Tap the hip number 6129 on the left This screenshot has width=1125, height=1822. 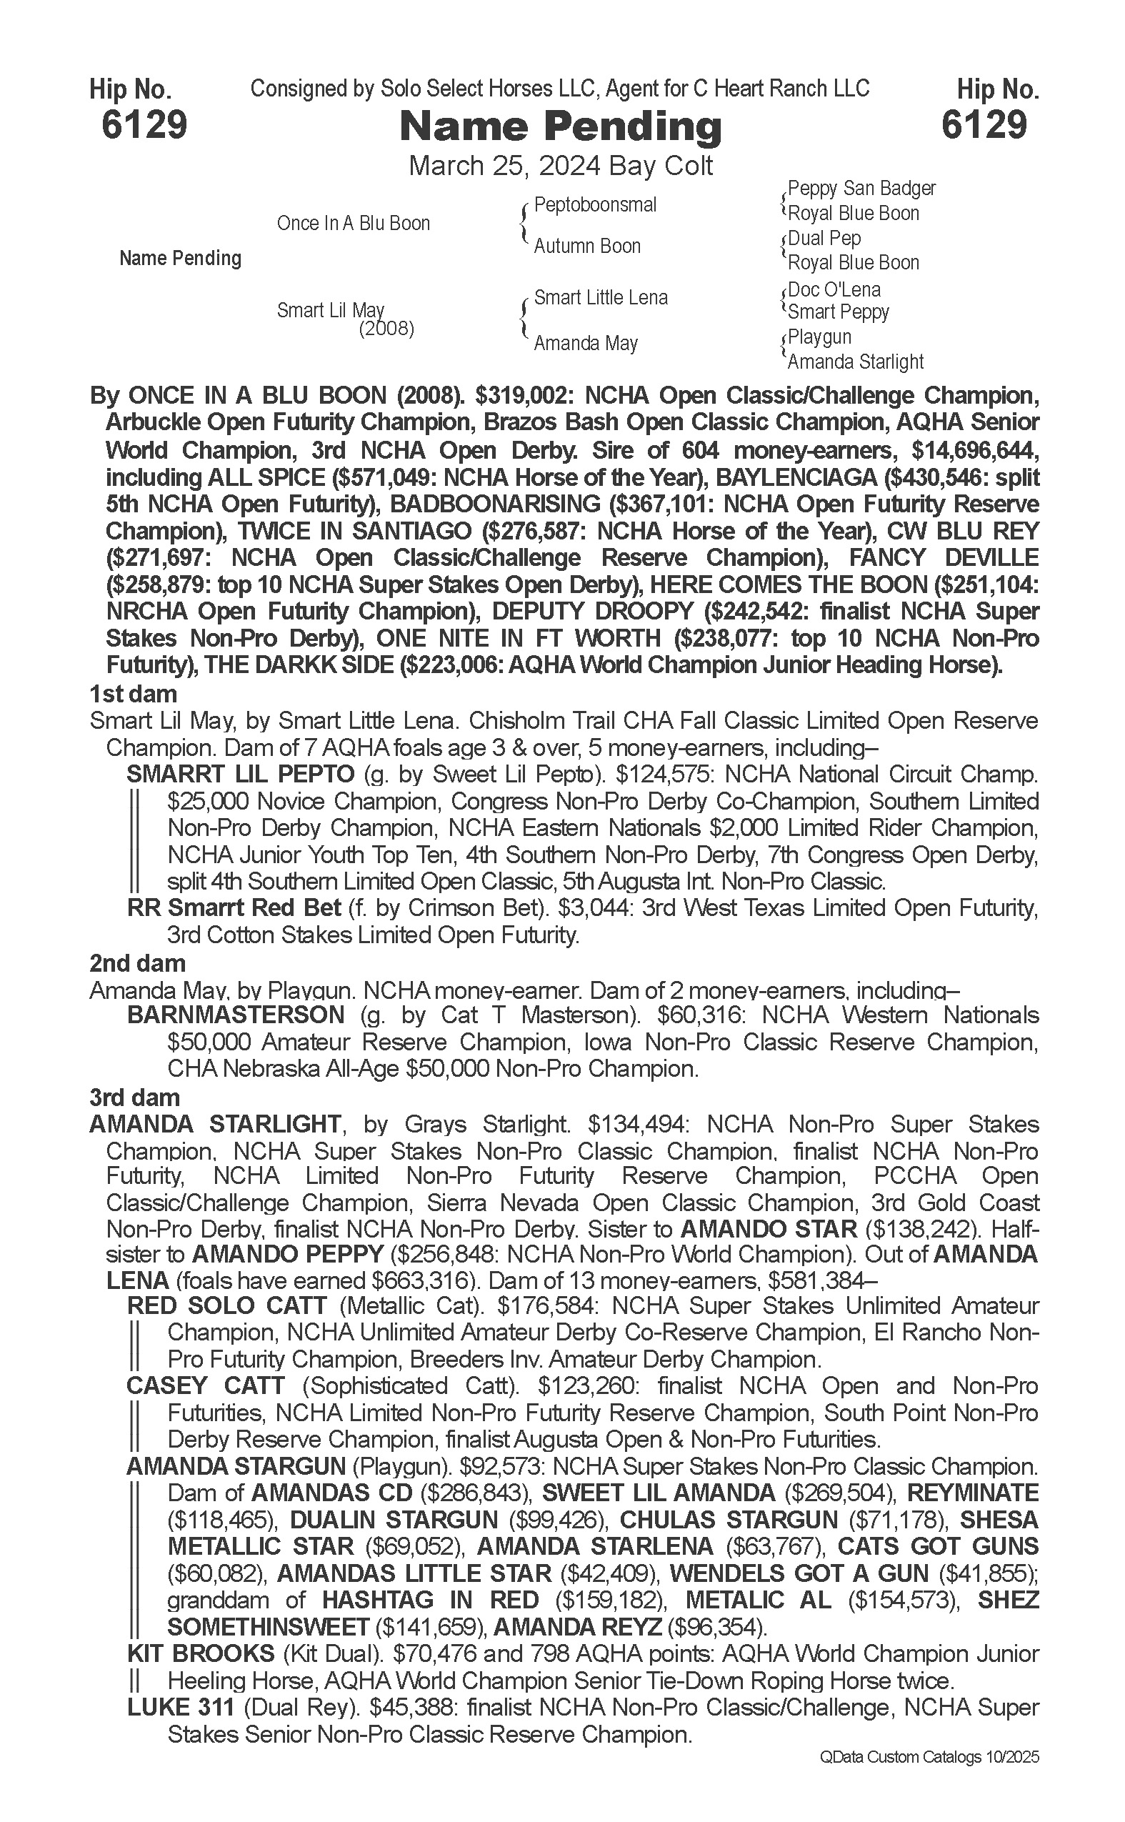point(144,124)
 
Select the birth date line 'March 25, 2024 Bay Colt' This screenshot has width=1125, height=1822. point(561,165)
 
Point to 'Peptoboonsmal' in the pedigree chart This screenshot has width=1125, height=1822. point(595,204)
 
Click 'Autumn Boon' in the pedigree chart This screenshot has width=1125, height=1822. point(587,247)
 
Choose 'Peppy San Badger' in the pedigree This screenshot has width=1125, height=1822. point(861,189)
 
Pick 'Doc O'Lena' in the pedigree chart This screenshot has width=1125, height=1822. point(834,289)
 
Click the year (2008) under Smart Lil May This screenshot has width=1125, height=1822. point(386,329)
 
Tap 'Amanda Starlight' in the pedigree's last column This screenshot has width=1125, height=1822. point(855,362)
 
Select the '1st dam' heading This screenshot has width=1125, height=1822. point(133,695)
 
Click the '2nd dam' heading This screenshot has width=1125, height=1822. point(138,963)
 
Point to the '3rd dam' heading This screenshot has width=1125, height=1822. point(135,1097)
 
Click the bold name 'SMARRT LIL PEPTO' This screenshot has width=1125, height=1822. point(240,774)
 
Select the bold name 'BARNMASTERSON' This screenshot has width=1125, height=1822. point(236,1015)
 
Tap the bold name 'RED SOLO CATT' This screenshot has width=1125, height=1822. point(227,1305)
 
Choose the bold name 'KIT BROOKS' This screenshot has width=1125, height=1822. point(201,1654)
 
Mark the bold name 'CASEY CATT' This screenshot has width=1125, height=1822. point(206,1386)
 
